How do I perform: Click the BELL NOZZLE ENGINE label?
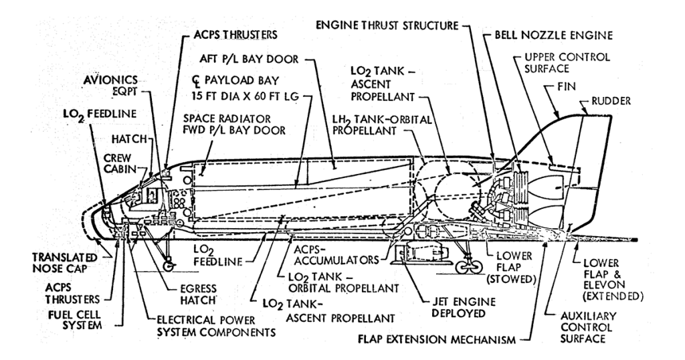click(553, 35)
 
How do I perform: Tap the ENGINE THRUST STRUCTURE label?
click(387, 25)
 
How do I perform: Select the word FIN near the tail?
click(567, 86)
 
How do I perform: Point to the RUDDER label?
click(611, 101)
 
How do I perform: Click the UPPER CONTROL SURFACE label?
click(567, 63)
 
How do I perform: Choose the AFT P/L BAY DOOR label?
click(249, 58)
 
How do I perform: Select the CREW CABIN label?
click(117, 163)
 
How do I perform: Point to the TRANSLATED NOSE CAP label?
click(65, 262)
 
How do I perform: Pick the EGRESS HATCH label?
click(198, 294)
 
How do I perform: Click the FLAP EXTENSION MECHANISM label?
click(437, 339)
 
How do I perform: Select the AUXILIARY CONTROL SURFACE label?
click(589, 327)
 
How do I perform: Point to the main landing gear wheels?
click(468, 266)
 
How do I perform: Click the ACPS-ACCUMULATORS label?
click(336, 255)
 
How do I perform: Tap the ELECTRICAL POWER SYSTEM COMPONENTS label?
click(216, 325)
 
